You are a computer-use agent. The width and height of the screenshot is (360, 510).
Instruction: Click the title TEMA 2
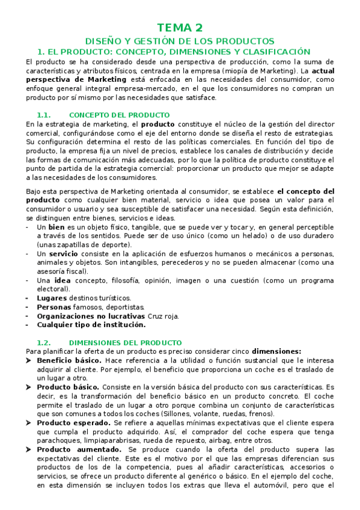(x=180, y=28)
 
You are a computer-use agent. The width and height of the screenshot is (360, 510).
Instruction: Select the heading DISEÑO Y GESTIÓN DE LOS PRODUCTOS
(x=180, y=41)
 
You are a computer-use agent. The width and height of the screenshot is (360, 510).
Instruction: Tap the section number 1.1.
(x=46, y=115)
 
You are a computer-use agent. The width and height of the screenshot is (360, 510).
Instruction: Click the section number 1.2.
(x=46, y=342)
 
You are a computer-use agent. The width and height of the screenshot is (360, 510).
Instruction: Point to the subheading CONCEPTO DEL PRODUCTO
(x=119, y=115)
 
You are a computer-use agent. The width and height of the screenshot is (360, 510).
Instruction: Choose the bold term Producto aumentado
(x=72, y=450)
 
